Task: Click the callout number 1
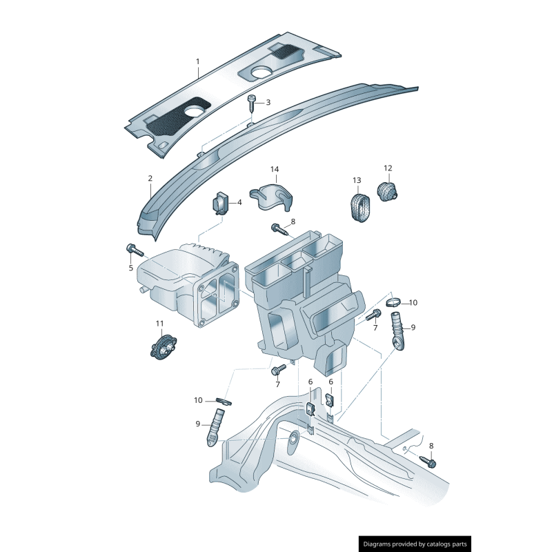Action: (197, 61)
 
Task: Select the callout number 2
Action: (150, 179)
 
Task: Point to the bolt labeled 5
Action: (133, 250)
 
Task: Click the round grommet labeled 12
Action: (388, 190)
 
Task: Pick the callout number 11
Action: (160, 323)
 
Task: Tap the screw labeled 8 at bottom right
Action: (427, 462)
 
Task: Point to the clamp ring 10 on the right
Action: (393, 302)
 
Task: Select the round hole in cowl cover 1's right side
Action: (262, 72)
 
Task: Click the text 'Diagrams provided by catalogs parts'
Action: (415, 544)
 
